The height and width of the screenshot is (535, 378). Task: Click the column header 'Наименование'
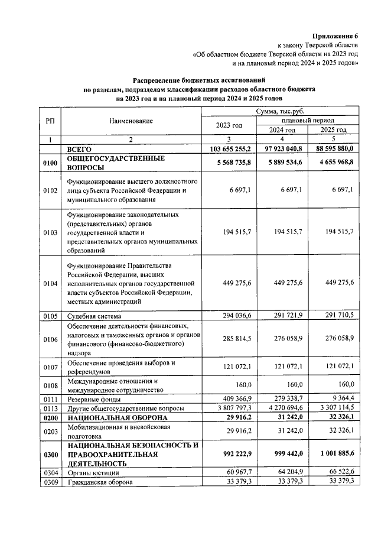pos(131,121)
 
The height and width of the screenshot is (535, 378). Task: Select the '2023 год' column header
pos(229,125)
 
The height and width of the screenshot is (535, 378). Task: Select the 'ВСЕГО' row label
pos(79,150)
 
